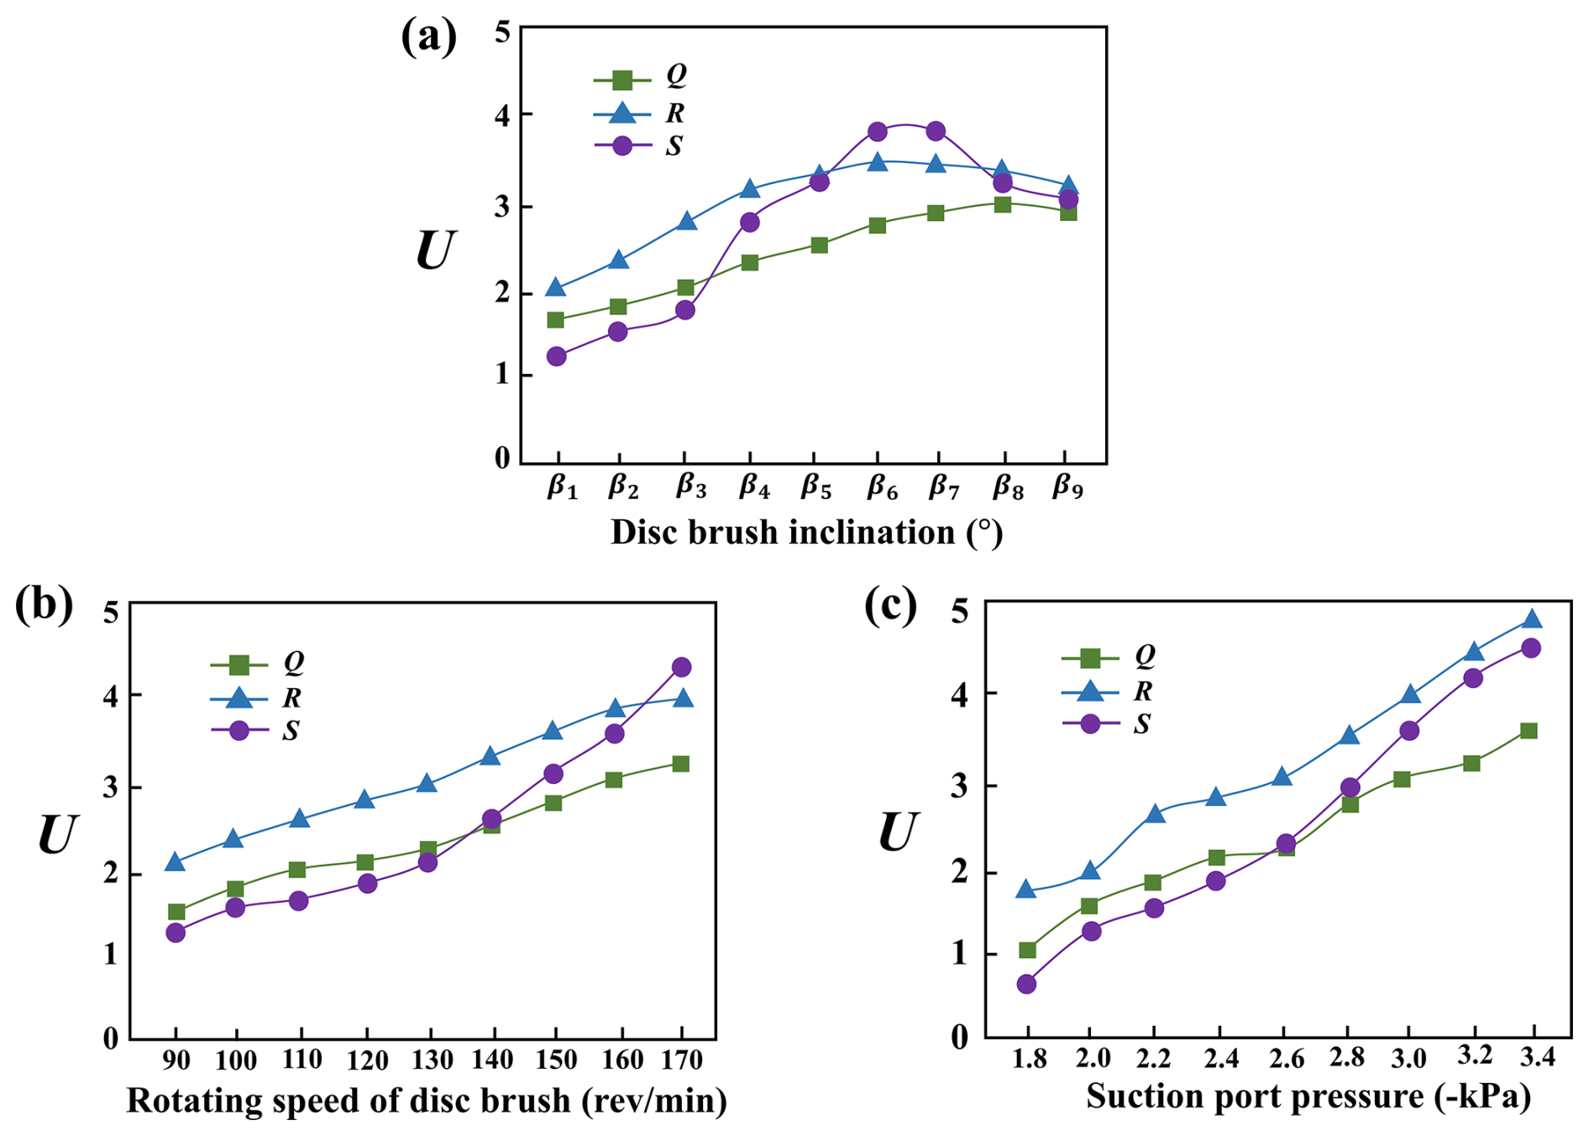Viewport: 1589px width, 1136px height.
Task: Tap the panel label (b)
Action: coord(44,605)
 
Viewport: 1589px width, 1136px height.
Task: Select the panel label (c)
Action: coord(890,605)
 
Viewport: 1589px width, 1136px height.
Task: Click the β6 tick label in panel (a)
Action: coord(882,487)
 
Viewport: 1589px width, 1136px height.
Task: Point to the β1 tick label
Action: coord(562,487)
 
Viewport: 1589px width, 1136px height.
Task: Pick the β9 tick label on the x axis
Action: coord(1067,487)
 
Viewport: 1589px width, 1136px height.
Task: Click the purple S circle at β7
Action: coord(936,131)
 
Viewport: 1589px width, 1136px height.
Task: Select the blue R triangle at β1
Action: coord(555,287)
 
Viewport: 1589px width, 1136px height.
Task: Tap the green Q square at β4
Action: coord(750,262)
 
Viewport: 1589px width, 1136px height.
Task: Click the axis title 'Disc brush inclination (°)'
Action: coord(806,533)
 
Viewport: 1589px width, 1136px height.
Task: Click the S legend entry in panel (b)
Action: coord(256,730)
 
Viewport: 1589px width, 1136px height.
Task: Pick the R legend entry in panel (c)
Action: coord(1108,692)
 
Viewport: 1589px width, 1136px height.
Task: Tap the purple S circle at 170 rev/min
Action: coord(681,667)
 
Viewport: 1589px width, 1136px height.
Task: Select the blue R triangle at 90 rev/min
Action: coord(175,862)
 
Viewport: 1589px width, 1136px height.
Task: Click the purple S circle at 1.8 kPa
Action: coord(1026,984)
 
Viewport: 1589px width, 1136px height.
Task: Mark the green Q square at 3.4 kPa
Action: coord(1529,731)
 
